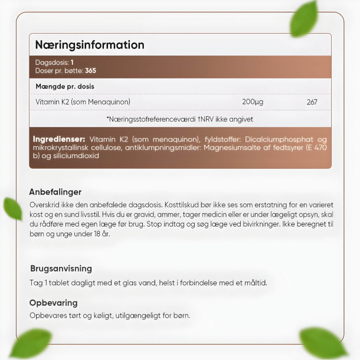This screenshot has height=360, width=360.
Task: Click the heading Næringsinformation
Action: coord(89,45)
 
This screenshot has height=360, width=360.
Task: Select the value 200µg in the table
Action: coord(253,102)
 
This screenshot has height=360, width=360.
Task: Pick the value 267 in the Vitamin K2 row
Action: coord(312,102)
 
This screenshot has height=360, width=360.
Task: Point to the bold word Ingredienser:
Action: coord(59,139)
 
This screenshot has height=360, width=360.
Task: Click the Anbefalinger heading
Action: coord(55,192)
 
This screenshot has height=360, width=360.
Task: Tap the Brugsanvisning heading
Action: coord(60,269)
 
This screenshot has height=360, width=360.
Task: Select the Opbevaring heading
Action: coord(54,303)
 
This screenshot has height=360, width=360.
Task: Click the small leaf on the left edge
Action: coord(12,208)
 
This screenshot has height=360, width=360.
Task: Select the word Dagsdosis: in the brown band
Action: coord(52,62)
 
